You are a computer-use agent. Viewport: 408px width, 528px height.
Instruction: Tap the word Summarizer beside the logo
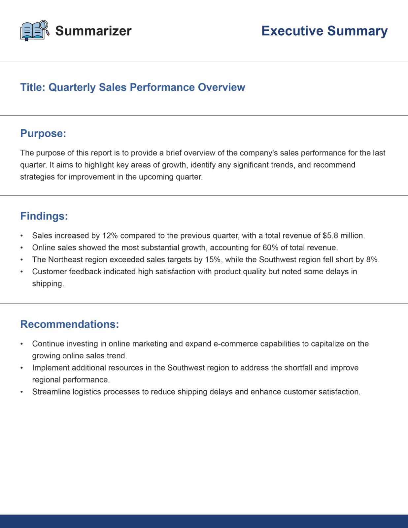(93, 31)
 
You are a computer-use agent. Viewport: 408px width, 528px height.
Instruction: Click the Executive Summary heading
(324, 31)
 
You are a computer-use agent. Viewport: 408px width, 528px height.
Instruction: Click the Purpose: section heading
(43, 133)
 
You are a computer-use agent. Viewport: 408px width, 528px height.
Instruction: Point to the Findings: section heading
(44, 216)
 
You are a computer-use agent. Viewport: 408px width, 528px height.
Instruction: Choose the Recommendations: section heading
(69, 324)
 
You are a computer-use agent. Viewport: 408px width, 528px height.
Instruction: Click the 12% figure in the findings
(110, 236)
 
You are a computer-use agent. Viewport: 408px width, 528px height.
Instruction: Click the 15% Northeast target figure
(213, 260)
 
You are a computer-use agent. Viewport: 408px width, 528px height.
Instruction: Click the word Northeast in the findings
(65, 260)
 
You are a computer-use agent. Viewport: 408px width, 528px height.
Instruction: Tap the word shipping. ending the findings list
(48, 284)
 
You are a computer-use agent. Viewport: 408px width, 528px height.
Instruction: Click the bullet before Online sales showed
(22, 248)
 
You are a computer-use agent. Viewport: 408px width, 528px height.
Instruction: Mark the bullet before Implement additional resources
(22, 368)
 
